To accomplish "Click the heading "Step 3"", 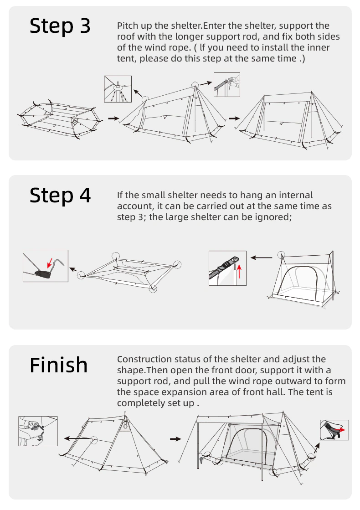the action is pos(60,26).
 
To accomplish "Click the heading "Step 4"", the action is pos(60,196).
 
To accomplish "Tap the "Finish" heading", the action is pos(58,365).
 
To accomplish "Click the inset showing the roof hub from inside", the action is pos(118,89).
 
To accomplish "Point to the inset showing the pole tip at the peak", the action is pos(226,85).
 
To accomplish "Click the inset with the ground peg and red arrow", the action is pos(46,266).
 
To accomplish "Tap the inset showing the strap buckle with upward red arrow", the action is pos(227,268).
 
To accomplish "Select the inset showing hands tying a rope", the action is pos(38,431).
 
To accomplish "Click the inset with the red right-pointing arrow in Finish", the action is pos(334,430).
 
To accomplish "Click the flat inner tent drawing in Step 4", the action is pos(129,272).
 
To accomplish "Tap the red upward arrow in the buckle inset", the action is pos(239,272).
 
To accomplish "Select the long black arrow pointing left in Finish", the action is pos(77,438).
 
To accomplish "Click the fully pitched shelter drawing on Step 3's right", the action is pos(289,120).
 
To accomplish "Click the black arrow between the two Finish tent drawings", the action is pos(175,439).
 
